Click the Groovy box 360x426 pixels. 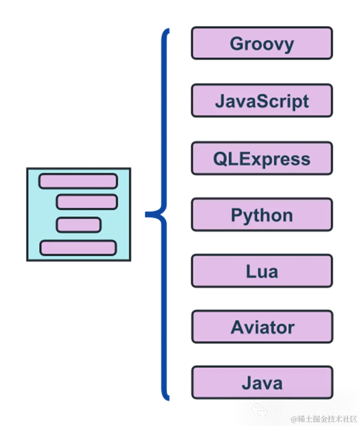tap(261, 44)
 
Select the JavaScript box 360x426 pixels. tap(261, 101)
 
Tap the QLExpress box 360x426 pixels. tap(261, 159)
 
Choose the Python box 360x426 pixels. tap(261, 215)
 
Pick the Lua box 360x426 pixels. tap(261, 272)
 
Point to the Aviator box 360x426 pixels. tap(261, 327)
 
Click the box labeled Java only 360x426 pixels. tap(261, 383)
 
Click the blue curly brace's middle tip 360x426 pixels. tap(146, 214)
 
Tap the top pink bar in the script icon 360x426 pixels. tap(78, 182)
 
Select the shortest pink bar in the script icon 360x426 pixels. tap(79, 225)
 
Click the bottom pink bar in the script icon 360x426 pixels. tap(78, 247)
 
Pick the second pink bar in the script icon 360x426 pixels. tap(87, 202)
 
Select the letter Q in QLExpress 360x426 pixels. tap(220, 159)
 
